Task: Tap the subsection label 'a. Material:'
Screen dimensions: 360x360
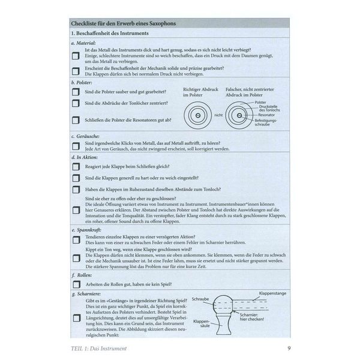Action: point(84,44)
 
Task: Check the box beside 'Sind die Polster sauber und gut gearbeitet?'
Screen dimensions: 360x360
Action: point(75,92)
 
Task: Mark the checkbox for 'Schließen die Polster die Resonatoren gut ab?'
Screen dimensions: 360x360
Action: point(75,119)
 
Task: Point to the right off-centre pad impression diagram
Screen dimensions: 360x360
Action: point(239,115)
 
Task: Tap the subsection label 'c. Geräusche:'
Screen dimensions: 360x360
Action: point(85,137)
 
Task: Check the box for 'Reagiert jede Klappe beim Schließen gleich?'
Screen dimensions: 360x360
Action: point(75,166)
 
